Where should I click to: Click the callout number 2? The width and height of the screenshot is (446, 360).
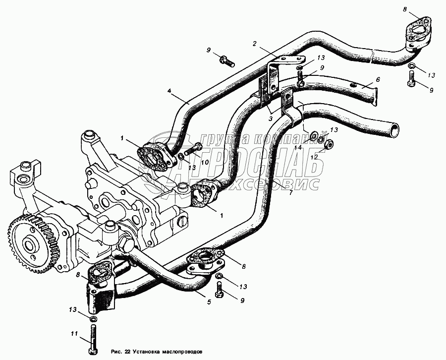[x=254, y=44]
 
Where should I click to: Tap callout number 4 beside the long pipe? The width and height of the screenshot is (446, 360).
[x=169, y=91]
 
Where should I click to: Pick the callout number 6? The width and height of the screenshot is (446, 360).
[x=377, y=79]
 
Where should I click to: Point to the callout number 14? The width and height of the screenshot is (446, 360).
[x=298, y=148]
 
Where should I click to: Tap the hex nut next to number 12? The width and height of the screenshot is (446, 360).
[x=328, y=144]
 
